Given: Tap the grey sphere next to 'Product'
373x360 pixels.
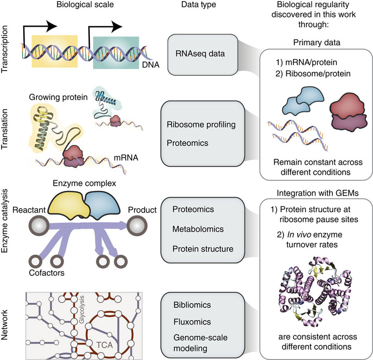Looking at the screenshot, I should click(x=139, y=224).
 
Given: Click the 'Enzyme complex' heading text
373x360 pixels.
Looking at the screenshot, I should click(x=85, y=184).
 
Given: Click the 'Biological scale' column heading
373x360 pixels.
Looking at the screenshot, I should click(x=79, y=6).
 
